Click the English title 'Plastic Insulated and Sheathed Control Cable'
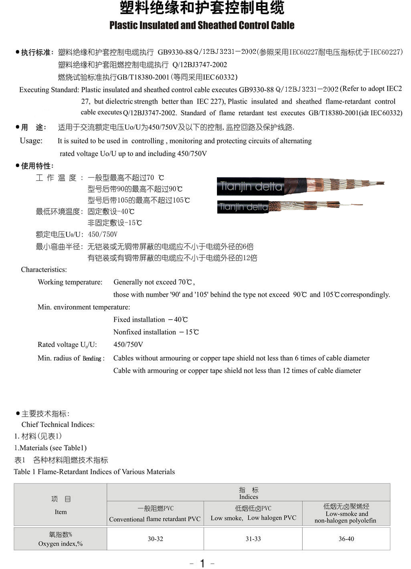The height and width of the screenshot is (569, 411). point(202,25)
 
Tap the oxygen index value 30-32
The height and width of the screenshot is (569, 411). point(155,539)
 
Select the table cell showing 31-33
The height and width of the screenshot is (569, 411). point(253,539)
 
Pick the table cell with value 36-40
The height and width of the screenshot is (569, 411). point(346,539)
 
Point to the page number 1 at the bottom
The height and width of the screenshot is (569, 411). point(202,563)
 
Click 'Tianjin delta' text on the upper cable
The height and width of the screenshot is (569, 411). point(251,186)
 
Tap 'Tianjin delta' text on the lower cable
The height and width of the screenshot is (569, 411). point(243,207)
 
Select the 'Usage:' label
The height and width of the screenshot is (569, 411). point(31,141)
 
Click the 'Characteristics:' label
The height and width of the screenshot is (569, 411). point(44,269)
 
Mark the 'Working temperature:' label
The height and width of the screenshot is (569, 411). point(70,282)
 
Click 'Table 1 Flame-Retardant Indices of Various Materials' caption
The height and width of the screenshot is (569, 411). point(94,471)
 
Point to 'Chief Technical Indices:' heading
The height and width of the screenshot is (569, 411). point(58,424)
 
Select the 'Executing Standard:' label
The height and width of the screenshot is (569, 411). point(49,90)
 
